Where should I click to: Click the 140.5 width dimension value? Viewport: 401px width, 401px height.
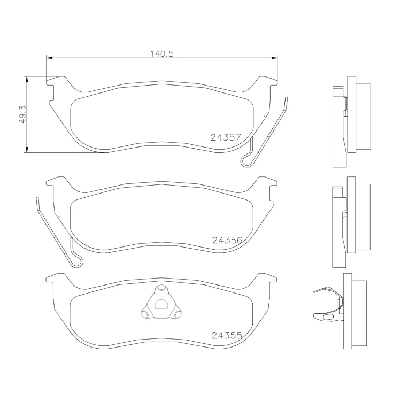(161, 54)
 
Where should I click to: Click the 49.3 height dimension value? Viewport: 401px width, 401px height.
(23, 114)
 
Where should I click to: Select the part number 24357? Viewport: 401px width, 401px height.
(226, 137)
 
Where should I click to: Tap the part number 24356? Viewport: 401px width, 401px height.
(227, 240)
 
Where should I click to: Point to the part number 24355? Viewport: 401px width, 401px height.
(227, 335)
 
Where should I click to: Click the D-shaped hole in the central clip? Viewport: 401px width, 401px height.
(161, 304)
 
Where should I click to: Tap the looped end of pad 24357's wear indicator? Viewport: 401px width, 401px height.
(246, 161)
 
